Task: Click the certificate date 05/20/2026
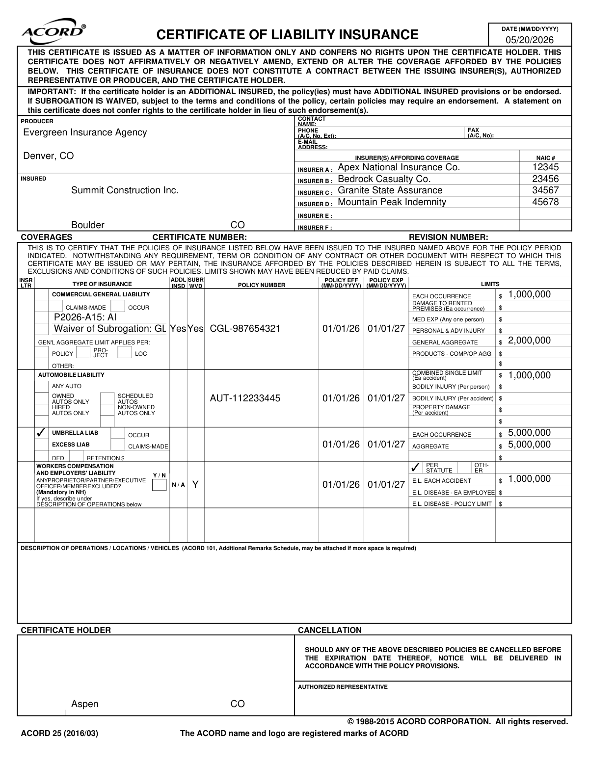coord(529,40)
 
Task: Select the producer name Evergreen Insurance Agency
coord(85,132)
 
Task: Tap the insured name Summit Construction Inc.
coord(125,190)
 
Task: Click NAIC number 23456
coord(545,179)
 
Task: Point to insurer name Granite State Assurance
coord(390,190)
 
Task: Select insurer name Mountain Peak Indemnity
coord(392,202)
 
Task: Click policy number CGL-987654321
coord(245,329)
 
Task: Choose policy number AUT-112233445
coord(245,398)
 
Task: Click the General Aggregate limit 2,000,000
coord(529,341)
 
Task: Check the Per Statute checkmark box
coord(415,467)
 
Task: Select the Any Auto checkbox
coord(42,386)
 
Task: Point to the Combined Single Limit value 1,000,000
coord(529,376)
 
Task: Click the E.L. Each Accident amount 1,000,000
coord(529,479)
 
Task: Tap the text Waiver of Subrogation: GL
coord(110,329)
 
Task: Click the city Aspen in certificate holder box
coord(84,704)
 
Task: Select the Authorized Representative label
coord(343,687)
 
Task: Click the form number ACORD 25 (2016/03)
coord(59,734)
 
